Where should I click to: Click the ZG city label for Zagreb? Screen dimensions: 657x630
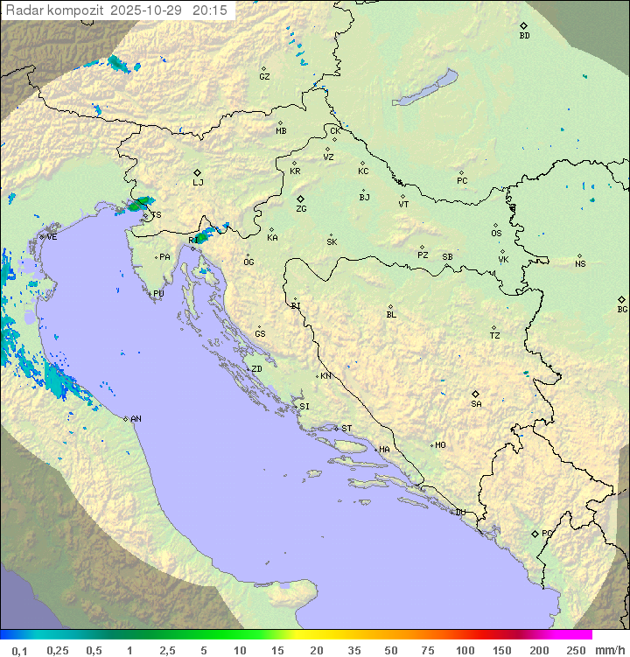[x=301, y=209]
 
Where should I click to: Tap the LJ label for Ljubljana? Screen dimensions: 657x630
[x=198, y=182]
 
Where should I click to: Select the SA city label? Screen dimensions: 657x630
[x=476, y=403]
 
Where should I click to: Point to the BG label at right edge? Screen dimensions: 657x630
[x=622, y=309]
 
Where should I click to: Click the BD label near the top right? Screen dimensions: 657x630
[x=524, y=36]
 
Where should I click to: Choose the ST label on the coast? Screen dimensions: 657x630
[x=346, y=429]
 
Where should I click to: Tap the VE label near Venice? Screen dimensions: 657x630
[x=52, y=237]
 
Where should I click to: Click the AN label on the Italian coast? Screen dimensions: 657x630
[x=136, y=419]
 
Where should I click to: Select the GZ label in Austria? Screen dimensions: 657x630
[x=264, y=77]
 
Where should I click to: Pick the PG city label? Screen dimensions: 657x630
[x=547, y=533]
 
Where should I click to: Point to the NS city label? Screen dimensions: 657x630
[x=580, y=264]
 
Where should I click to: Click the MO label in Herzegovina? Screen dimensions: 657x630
[x=440, y=445]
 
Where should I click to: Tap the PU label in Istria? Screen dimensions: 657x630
[x=158, y=294]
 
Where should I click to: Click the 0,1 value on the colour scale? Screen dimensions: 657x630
[x=19, y=650]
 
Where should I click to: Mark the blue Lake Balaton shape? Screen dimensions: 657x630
[x=425, y=89]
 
